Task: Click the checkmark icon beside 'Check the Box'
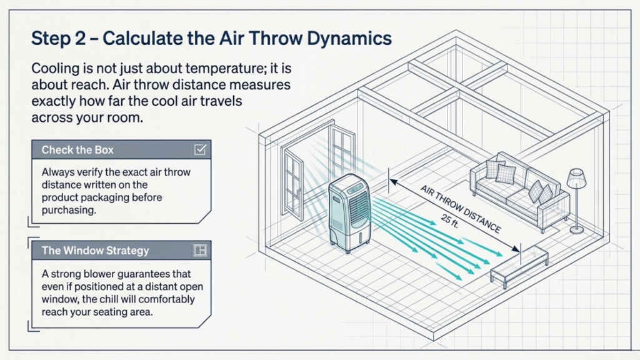click(x=201, y=150)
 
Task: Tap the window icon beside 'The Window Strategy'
click(x=201, y=251)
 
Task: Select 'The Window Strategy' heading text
click(x=95, y=251)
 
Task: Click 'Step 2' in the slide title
click(x=60, y=38)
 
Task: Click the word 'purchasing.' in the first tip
click(x=69, y=211)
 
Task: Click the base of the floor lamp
click(x=577, y=230)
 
